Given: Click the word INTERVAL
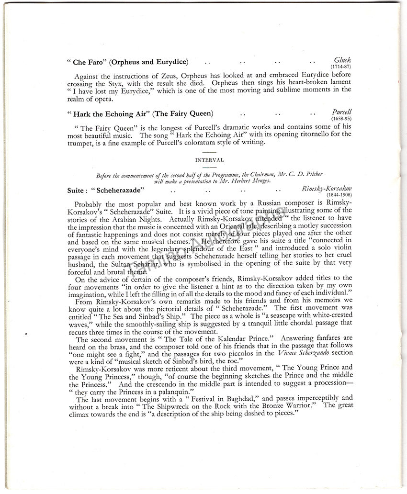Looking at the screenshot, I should [x=203, y=161].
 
